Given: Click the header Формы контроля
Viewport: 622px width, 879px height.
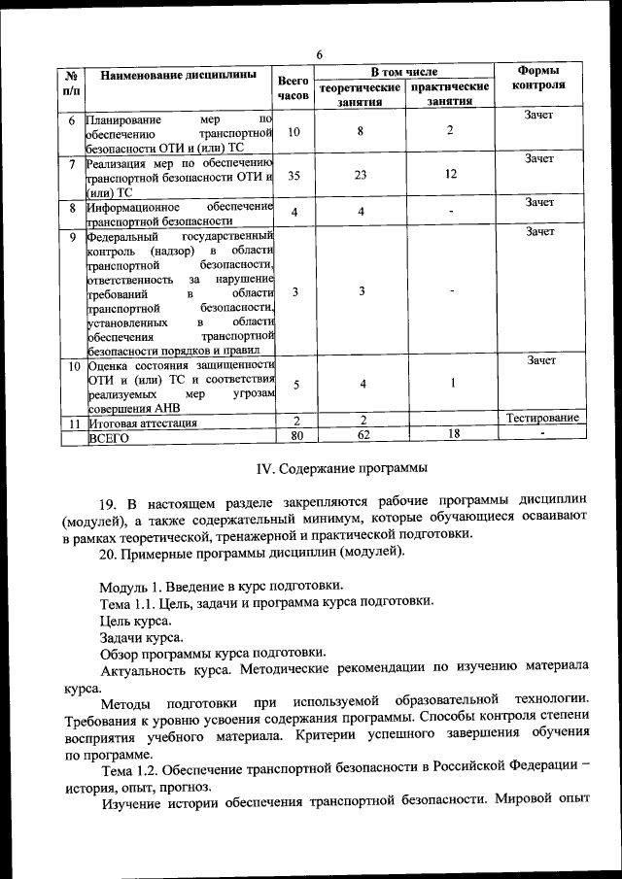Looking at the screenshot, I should click(541, 78).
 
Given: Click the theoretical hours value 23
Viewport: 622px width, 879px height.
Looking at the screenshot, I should click(361, 176).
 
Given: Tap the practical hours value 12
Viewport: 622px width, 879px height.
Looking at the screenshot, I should click(450, 176).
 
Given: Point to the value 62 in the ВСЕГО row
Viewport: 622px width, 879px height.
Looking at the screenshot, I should click(361, 436).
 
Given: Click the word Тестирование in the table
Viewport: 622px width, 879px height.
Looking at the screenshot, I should click(542, 418).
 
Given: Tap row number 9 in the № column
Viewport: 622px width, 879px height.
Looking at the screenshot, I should click(72, 235).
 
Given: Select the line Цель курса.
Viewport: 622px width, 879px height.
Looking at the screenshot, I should click(135, 620).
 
